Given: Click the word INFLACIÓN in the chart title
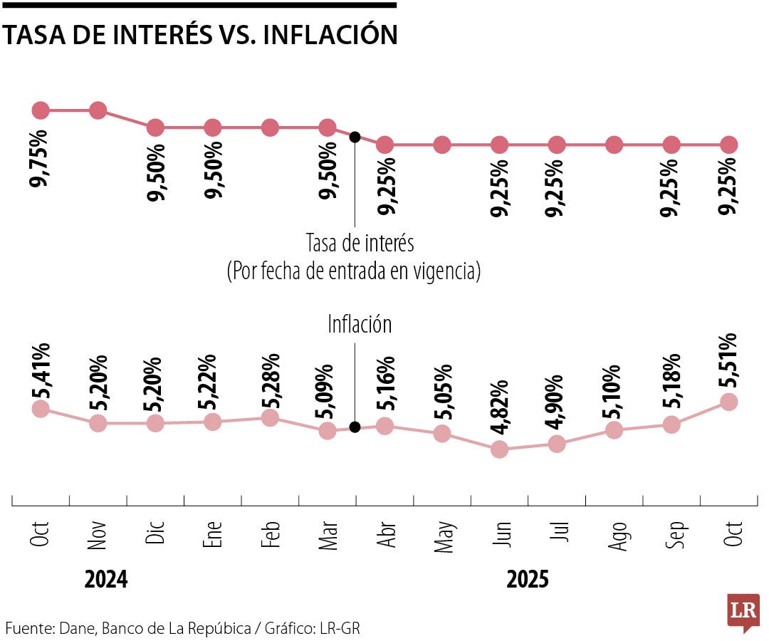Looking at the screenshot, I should [330, 34].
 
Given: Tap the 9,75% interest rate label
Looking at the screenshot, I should [40, 158].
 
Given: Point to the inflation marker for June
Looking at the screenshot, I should [499, 449].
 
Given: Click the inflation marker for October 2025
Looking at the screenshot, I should [728, 402].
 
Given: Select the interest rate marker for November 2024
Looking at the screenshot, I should [98, 110].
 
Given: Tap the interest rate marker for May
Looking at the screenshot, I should [442, 145].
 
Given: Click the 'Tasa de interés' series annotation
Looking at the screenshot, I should [360, 243].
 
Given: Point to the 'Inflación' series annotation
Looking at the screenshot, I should [360, 325].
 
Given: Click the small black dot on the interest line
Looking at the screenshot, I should [355, 136].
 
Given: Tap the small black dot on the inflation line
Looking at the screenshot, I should [355, 427].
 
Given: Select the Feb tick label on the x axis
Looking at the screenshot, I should [270, 533].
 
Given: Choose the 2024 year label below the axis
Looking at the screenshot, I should [106, 580].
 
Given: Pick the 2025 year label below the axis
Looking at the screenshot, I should [528, 580].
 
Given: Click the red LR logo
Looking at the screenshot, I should [743, 612].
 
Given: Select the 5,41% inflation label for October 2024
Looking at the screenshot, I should [41, 372].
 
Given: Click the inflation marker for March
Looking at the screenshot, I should [328, 430].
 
